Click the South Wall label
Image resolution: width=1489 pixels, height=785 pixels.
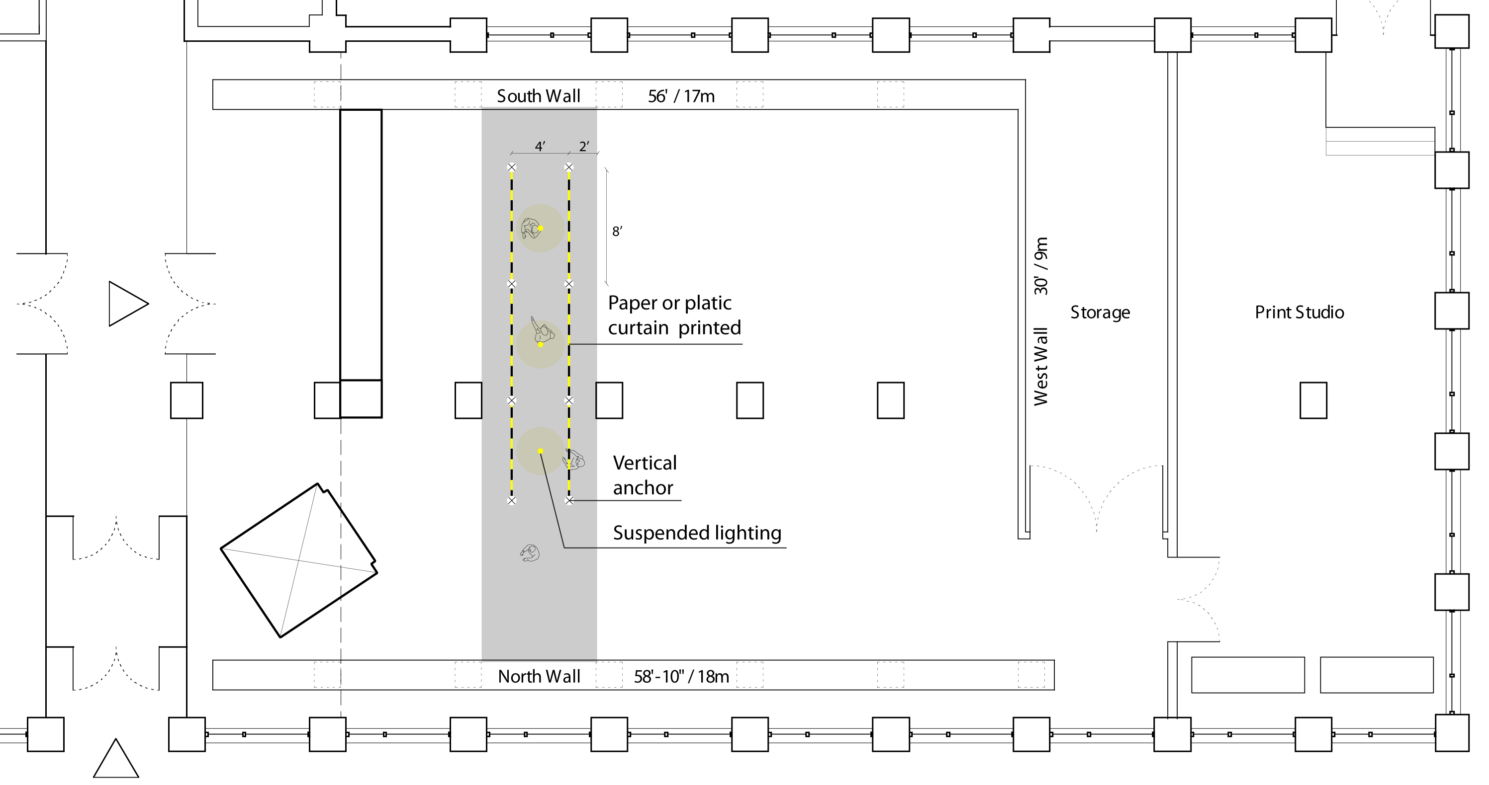coord(538,96)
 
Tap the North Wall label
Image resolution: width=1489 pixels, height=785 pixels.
coord(539,676)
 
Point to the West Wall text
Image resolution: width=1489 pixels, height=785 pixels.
coord(1041,367)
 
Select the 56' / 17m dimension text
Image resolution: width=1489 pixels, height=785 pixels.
coord(681,96)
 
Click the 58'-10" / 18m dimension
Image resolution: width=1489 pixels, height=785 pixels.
coord(681,676)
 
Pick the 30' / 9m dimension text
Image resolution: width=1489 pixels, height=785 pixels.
coord(1041,266)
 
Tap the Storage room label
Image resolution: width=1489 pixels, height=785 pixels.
coord(1100,313)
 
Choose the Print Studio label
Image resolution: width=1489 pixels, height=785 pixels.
coord(1299,313)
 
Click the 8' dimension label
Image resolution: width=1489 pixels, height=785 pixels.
coord(617,232)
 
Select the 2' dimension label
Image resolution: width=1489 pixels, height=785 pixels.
coord(584,147)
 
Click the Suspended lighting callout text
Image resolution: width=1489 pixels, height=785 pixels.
coord(697,533)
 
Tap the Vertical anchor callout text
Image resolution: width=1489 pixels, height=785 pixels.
coord(645,475)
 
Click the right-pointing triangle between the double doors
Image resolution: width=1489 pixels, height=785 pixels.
coord(125,304)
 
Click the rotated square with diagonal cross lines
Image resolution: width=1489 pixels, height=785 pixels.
coord(299,560)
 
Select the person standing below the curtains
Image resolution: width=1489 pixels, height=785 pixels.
coord(530,553)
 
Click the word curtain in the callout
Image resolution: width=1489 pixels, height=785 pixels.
coord(638,328)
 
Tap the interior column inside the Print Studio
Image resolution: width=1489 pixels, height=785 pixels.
coord(1313,400)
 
